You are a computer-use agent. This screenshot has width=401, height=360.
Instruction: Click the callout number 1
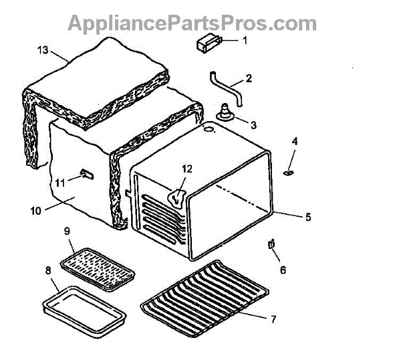click(244, 41)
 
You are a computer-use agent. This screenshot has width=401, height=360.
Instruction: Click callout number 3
click(253, 124)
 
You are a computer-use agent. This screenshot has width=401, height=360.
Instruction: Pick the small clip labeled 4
click(288, 172)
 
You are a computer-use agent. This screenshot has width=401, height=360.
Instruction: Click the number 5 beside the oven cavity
click(308, 217)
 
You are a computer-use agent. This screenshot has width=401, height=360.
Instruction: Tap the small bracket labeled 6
click(273, 244)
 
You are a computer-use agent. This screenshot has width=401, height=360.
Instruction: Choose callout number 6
click(282, 270)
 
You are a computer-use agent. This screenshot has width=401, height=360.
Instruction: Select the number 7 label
click(273, 319)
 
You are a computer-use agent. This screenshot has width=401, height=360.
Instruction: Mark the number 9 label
click(67, 231)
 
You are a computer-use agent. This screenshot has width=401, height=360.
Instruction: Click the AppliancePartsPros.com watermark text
click(192, 23)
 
